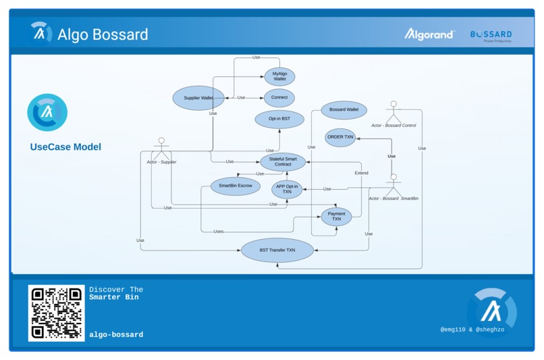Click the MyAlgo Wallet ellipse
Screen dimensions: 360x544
[x=279, y=76]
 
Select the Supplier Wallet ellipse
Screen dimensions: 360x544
[x=198, y=98]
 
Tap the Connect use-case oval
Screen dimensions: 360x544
[x=279, y=97]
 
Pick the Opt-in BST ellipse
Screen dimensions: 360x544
[x=279, y=119]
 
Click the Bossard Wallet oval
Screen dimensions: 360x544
[x=344, y=109]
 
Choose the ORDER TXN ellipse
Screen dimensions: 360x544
[x=340, y=137]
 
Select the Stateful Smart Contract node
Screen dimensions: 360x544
[x=283, y=161]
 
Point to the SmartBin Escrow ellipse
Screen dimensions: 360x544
[x=235, y=186]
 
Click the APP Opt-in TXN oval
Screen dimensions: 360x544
[x=287, y=189]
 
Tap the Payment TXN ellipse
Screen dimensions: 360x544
[x=336, y=216]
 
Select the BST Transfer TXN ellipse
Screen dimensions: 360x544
[x=277, y=250]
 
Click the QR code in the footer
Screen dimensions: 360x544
[x=56, y=313]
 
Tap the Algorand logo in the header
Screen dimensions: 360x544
[x=429, y=34]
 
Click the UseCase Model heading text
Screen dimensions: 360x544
[x=65, y=147]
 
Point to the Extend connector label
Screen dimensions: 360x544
[x=361, y=173]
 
